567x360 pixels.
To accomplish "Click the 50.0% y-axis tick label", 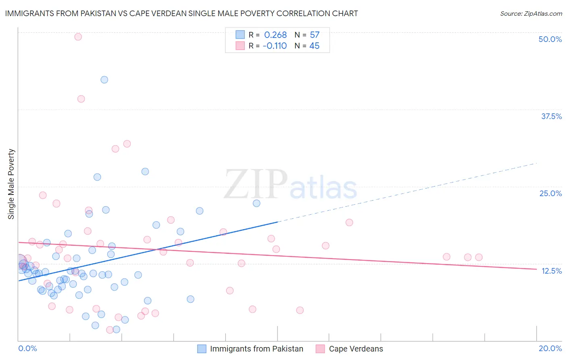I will pos(550,39).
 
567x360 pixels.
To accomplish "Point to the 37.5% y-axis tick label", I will pos(551,116).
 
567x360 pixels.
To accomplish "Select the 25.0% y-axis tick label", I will pos(550,193).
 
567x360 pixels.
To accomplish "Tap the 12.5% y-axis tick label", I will pos(551,271).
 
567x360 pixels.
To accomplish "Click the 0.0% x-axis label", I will pos(27,348).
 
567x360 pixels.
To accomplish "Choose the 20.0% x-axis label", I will pos(550,348).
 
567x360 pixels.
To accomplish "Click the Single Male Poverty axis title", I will pos(11,184).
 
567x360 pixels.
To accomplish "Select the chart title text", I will pos(181,13).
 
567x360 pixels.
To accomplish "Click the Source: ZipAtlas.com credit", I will pos(531,13).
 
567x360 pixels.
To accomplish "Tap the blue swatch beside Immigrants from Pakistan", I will pos(202,349).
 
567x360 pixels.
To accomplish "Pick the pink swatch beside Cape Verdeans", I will pos(320,349).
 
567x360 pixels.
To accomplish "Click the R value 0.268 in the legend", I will pos(275,35).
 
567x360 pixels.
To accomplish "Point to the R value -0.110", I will pos(275,46).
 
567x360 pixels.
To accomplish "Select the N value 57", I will pos(315,35).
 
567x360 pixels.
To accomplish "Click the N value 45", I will pos(314,46).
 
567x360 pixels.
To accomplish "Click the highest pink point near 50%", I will pos(78,37).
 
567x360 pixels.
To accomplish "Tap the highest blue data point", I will pos(104,80).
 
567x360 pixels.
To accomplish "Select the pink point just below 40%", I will pos(81,99).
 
